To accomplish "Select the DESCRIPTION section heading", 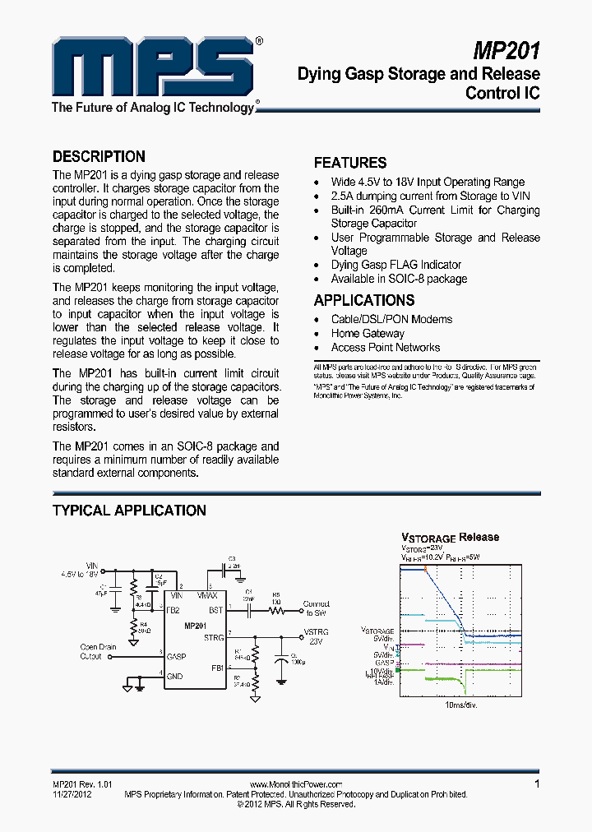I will pos(99,156).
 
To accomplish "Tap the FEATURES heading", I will pos(350,163).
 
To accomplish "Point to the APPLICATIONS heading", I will pos(364,300).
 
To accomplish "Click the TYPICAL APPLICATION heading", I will pos(129,511).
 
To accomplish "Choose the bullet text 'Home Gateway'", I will pos(368,333).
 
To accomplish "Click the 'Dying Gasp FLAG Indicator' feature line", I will pos(395,265).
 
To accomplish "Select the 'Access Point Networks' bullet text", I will pos(385,347).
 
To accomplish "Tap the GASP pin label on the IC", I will pos(176,657).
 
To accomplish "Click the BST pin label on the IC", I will pos(215,610).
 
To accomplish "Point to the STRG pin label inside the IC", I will pos(214,637).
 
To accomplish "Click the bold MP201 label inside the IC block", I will pos(196,626).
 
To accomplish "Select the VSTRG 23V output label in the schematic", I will pos(317,636).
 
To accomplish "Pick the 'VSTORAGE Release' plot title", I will pos(450,538).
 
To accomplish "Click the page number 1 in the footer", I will pos(537,783).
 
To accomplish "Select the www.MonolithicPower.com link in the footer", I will pos(295,785).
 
